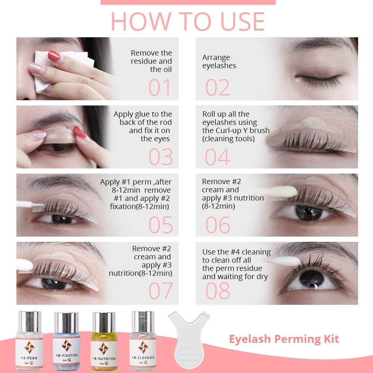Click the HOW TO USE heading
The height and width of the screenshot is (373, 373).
pos(187,21)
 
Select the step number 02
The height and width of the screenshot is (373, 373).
pos(218,88)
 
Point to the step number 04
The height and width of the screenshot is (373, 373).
pos(218,157)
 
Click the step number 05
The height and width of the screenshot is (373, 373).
pos(161,225)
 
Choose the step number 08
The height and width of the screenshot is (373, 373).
pos(218,291)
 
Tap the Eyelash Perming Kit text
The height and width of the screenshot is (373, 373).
pos(284,339)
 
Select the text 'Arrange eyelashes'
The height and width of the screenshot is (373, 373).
pos(219,62)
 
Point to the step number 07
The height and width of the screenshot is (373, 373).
pos(161,291)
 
